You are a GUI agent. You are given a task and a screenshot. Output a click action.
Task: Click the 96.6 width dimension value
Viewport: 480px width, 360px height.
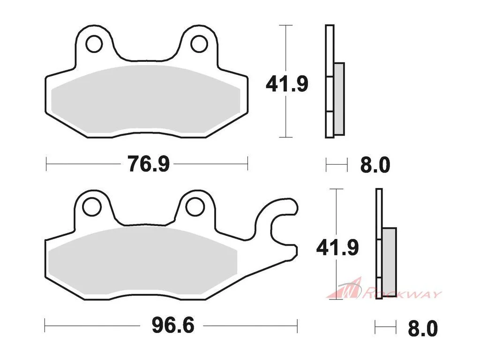[x=173, y=325]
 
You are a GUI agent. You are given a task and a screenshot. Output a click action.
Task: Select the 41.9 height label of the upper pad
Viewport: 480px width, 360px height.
[x=287, y=84]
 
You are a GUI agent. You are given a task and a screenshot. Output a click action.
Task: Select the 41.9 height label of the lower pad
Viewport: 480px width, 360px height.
[x=337, y=247]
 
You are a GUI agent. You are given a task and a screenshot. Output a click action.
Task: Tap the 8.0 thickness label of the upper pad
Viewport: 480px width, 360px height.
[x=375, y=165]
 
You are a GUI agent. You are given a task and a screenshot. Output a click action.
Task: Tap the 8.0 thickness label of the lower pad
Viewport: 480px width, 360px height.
[x=423, y=329]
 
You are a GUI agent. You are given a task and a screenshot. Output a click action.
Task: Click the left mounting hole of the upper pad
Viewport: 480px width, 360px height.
[x=94, y=44]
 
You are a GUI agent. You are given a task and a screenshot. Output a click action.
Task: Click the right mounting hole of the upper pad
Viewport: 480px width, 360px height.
[x=199, y=44]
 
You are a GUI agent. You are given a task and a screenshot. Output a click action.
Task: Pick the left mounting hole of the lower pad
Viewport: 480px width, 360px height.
[x=92, y=207]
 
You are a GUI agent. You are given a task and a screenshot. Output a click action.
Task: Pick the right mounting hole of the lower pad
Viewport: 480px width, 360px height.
[x=195, y=207]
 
